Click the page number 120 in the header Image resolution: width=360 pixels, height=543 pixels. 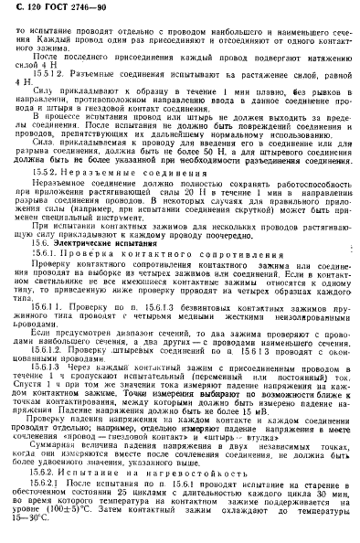[x=36, y=9]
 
